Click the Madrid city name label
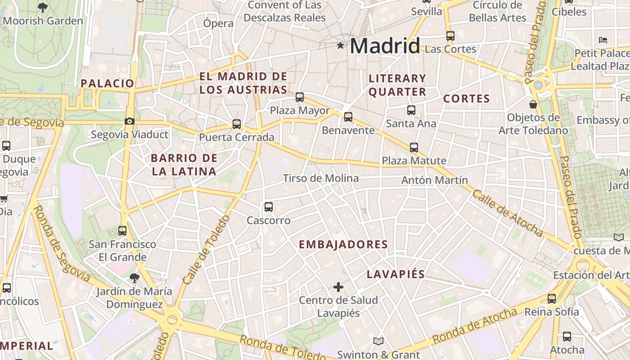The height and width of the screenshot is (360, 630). coord(385,46)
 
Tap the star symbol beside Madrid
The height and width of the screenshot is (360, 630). coord(341,45)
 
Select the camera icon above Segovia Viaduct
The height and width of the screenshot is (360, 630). coord(130,121)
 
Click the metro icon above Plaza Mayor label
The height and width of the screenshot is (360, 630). coord(300,97)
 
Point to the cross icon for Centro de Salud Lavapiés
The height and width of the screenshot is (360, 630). coord(338,287)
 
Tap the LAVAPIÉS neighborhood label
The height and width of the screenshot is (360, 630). coord(396,274)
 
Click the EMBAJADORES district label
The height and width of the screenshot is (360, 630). coord(343,244)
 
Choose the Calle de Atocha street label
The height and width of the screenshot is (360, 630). coord(508,212)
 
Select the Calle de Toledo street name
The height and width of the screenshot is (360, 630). coord(207,249)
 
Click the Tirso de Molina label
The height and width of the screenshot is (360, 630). coord(321,178)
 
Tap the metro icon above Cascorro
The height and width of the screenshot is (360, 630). coord(269,207)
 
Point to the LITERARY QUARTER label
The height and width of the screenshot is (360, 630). coord(397,85)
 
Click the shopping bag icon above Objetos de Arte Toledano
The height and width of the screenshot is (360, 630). coord(533,104)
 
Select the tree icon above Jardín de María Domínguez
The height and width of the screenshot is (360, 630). coord(134,278)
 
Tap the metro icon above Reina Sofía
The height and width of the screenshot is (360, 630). coord(552,298)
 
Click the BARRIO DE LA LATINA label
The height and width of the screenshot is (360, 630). coord(184,165)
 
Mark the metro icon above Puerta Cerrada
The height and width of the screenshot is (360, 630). coord(237,124)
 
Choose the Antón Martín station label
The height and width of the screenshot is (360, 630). coord(434,180)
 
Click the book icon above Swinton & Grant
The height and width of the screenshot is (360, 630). coord(378,342)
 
